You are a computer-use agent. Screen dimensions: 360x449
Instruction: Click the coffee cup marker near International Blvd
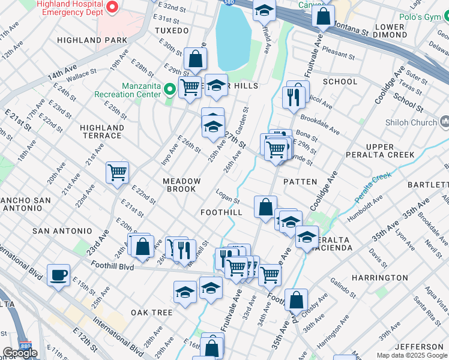pos(58,275)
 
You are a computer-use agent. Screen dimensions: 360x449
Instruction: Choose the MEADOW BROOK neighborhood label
pos(181,185)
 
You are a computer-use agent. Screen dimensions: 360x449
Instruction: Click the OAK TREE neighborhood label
pos(152,313)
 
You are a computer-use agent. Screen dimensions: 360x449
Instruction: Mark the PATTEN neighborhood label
pos(300,181)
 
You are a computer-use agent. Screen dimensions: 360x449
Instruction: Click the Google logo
pos(20,353)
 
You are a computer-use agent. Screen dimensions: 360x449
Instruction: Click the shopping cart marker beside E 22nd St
pos(118,172)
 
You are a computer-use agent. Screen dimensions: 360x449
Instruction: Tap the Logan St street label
pos(228,197)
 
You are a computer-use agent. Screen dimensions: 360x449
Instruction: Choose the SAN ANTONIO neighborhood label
pos(62,231)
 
